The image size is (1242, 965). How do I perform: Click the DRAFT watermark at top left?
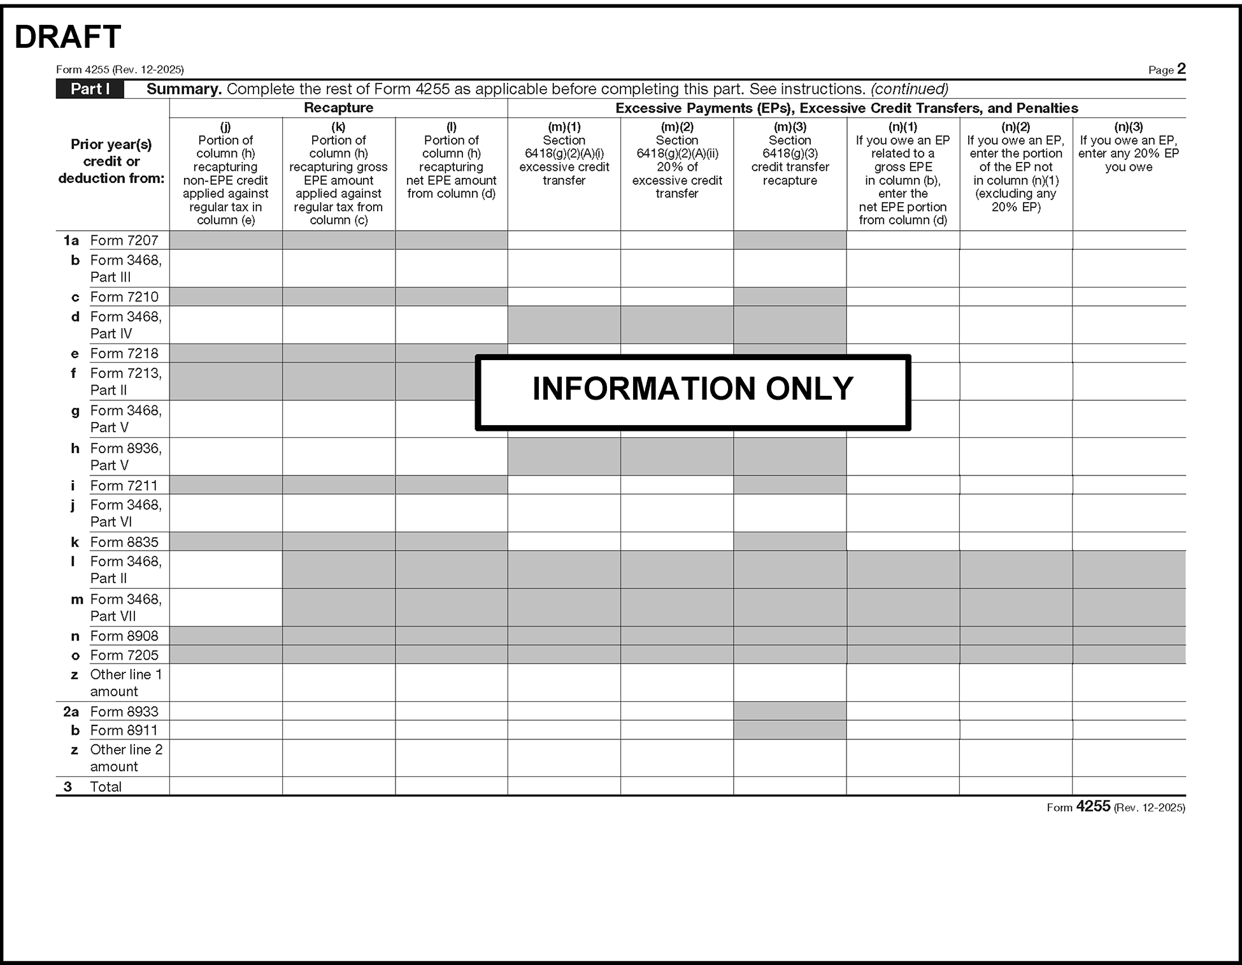(x=68, y=37)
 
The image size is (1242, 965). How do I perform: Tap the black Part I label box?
(x=90, y=89)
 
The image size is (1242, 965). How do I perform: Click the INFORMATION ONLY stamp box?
(x=692, y=391)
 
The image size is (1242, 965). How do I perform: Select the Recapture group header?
(x=338, y=108)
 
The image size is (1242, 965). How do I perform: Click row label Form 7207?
(x=124, y=240)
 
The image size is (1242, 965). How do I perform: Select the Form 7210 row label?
(x=124, y=297)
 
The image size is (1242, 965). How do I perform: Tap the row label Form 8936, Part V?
(x=125, y=456)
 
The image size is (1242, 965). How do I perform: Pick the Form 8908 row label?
(x=124, y=636)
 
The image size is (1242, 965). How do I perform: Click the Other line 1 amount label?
(x=125, y=683)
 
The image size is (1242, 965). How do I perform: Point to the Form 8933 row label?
(x=124, y=711)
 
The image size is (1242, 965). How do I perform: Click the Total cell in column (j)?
(x=225, y=787)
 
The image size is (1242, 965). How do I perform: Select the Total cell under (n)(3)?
(x=1129, y=787)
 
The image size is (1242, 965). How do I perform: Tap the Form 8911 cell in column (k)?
(x=338, y=730)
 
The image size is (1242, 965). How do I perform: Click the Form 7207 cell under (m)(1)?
(x=564, y=240)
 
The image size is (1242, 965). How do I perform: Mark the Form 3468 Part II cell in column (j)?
(x=225, y=570)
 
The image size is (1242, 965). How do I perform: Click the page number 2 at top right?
(x=1181, y=69)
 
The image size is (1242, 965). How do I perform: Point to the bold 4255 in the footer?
(x=1093, y=807)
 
